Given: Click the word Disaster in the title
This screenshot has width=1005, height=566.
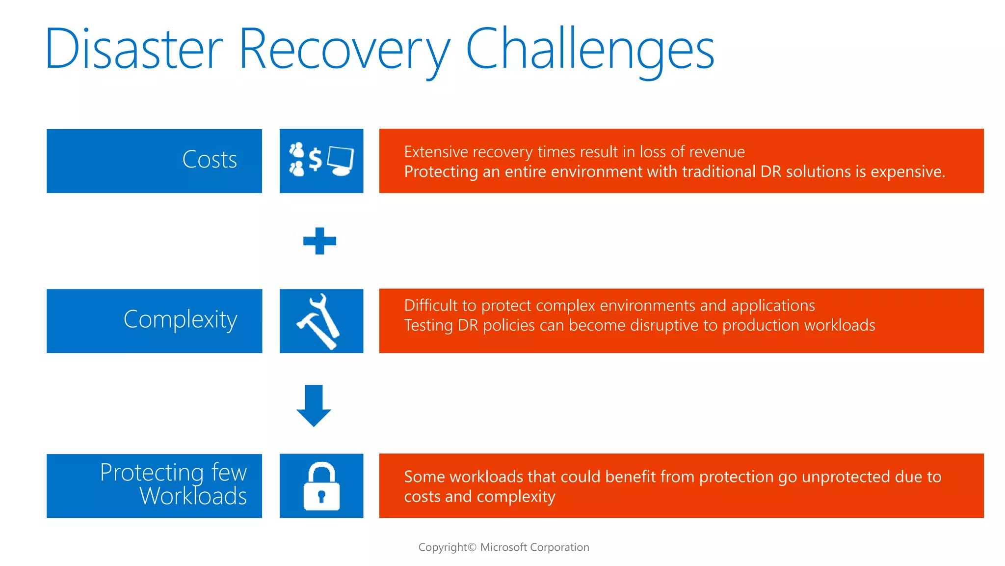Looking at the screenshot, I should pyautogui.click(x=133, y=49).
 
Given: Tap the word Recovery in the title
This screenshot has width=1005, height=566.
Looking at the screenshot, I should pyautogui.click(x=344, y=49).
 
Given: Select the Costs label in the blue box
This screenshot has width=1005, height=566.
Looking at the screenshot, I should pyautogui.click(x=210, y=160).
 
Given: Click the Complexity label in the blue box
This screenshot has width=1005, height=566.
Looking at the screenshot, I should pyautogui.click(x=180, y=320).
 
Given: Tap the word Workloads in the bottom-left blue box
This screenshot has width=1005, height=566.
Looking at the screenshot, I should pyautogui.click(x=193, y=496).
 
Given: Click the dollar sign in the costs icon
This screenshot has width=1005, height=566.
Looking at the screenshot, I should pyautogui.click(x=316, y=159).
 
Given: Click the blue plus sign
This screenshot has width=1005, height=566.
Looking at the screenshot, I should pyautogui.click(x=319, y=241).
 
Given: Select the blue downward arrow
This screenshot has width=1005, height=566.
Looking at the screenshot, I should pyautogui.click(x=314, y=405).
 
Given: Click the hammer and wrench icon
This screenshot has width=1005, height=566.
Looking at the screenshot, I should pyautogui.click(x=319, y=321).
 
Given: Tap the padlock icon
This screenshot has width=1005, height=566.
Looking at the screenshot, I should pyautogui.click(x=321, y=486).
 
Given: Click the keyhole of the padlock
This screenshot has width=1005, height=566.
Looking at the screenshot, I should pyautogui.click(x=321, y=496).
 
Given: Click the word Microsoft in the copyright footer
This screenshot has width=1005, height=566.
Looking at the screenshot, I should pyautogui.click(x=503, y=547).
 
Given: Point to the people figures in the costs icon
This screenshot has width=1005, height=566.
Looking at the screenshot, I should pyautogui.click(x=297, y=159).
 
